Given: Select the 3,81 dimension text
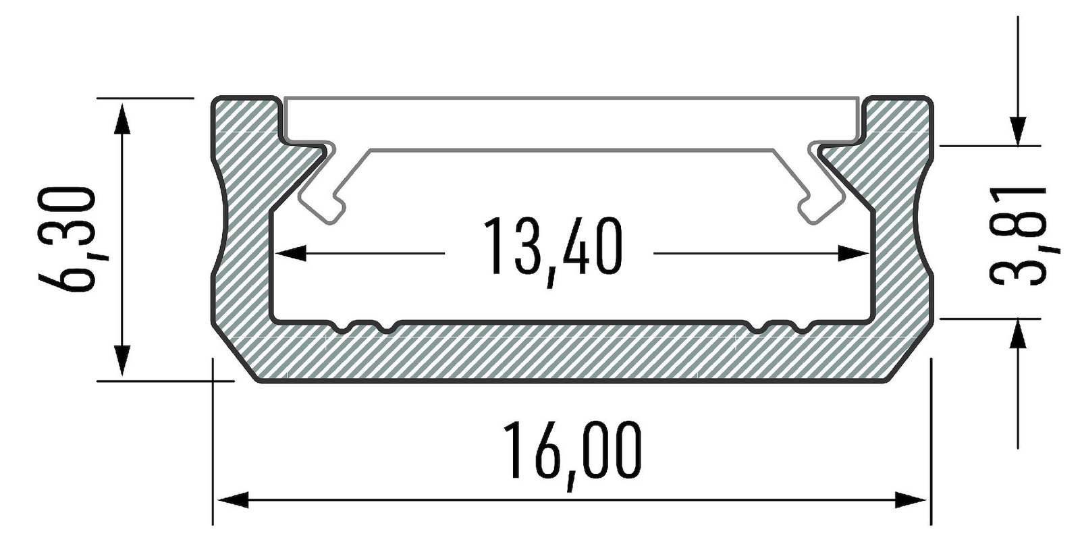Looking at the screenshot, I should point(1017,236).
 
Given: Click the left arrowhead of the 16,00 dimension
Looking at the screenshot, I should point(230,500).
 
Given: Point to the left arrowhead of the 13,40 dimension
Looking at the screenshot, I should point(289,253).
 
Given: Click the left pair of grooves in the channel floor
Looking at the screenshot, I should point(365,327).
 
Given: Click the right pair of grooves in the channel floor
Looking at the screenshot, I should point(780,327).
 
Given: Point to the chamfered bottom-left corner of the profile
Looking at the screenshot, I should point(236,358).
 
